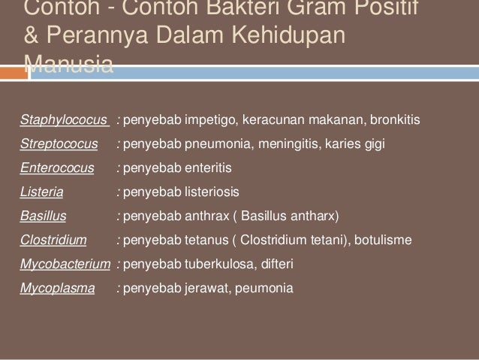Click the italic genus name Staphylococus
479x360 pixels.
[65, 120]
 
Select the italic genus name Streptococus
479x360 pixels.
[59, 144]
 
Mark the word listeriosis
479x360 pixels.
[215, 192]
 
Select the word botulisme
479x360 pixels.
[377, 241]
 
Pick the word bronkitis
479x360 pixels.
[396, 120]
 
